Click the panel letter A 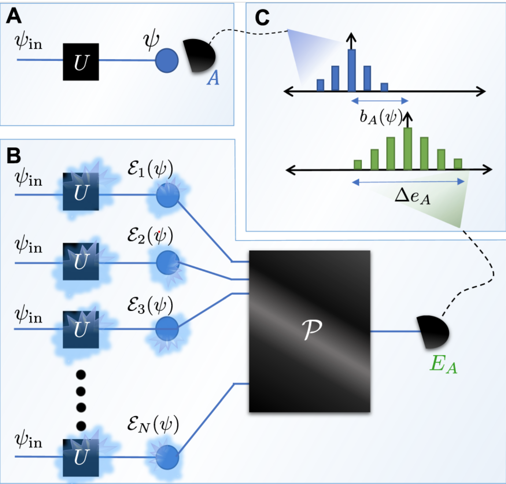pyautogui.click(x=14, y=16)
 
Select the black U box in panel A pyautogui.click(x=81, y=62)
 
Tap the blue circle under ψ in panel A pyautogui.click(x=167, y=60)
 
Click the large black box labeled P pyautogui.click(x=310, y=331)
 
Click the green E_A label pyautogui.click(x=443, y=364)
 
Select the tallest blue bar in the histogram pyautogui.click(x=351, y=70)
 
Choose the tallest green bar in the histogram pyautogui.click(x=408, y=148)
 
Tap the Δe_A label pyautogui.click(x=413, y=196)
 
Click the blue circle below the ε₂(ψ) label pyautogui.click(x=168, y=263)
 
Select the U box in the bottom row pyautogui.click(x=81, y=458)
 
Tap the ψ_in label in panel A pyautogui.click(x=28, y=42)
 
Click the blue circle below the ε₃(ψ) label pyautogui.click(x=167, y=329)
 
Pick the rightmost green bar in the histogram pyautogui.click(x=458, y=164)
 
